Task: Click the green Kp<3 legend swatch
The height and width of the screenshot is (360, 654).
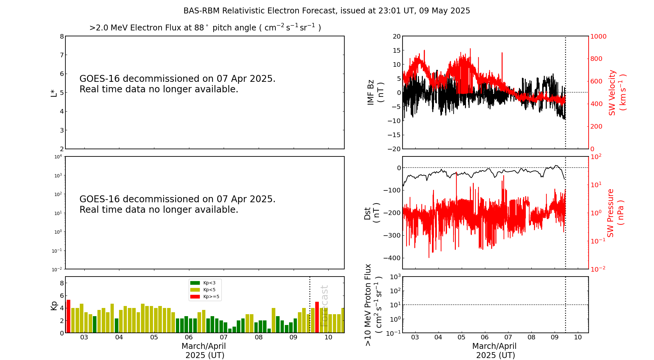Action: click(x=195, y=283)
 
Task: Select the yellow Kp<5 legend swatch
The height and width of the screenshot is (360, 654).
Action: click(x=195, y=290)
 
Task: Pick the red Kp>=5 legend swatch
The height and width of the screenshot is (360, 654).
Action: click(x=195, y=297)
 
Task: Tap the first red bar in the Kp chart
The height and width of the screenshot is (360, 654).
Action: click(x=68, y=316)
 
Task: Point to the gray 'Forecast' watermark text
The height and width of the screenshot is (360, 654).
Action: click(x=324, y=306)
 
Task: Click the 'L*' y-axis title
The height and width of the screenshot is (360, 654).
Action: click(x=54, y=93)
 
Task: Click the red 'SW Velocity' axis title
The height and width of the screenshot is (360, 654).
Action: click(x=612, y=93)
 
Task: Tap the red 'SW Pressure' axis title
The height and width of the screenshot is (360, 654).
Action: click(x=611, y=213)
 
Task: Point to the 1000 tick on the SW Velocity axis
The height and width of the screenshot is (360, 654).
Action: click(x=598, y=36)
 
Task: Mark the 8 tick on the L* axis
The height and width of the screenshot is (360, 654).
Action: click(x=61, y=36)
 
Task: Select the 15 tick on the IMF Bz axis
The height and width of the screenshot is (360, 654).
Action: click(x=396, y=50)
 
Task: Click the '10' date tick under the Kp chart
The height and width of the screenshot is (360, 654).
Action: click(x=328, y=337)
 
